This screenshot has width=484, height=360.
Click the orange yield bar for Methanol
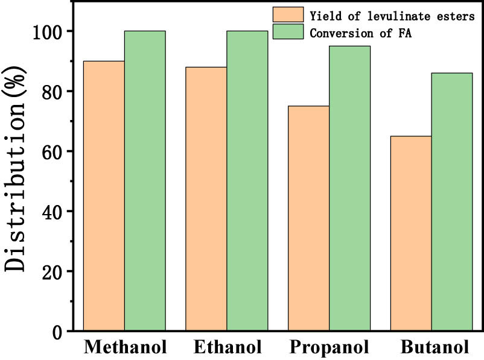tap(104, 196)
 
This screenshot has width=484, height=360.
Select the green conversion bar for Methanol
tap(145, 181)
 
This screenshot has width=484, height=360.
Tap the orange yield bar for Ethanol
tap(206, 199)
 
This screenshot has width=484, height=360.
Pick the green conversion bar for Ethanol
tap(247, 181)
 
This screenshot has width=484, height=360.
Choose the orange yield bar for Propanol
tap(309, 218)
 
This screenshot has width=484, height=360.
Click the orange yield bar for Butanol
tap(412, 233)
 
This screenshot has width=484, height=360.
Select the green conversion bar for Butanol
tap(452, 202)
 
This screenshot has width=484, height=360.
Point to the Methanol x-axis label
tap(125, 347)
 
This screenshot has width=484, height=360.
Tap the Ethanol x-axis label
tap(228, 347)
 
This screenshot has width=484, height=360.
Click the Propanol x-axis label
tap(330, 347)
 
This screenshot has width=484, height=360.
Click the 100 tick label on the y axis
tap(49, 31)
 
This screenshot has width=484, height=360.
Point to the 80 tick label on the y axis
tap(54, 92)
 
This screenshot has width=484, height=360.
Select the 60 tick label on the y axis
tap(54, 151)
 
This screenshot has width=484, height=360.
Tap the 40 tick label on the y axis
tap(54, 212)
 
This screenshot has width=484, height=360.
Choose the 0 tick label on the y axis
tap(59, 332)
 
